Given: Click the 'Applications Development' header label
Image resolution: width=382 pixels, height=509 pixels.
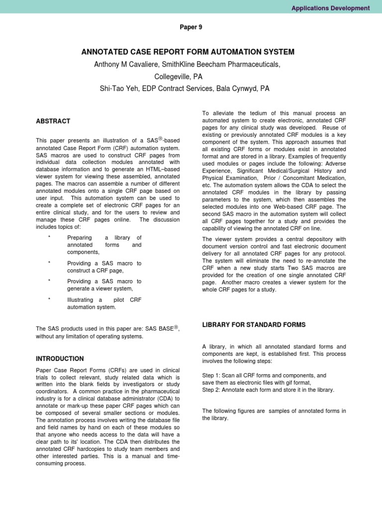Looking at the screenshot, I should [x=330, y=8].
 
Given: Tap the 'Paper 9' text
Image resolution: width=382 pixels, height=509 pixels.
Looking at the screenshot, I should [x=191, y=27].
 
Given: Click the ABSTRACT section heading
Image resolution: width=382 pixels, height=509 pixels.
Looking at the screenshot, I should [x=53, y=121].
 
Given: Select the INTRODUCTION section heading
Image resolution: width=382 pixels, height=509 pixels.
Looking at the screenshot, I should [x=60, y=358].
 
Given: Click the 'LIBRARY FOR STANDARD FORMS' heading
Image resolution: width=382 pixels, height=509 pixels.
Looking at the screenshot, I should [x=254, y=325].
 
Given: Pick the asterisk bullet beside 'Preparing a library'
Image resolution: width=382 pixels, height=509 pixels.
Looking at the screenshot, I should [x=49, y=238].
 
